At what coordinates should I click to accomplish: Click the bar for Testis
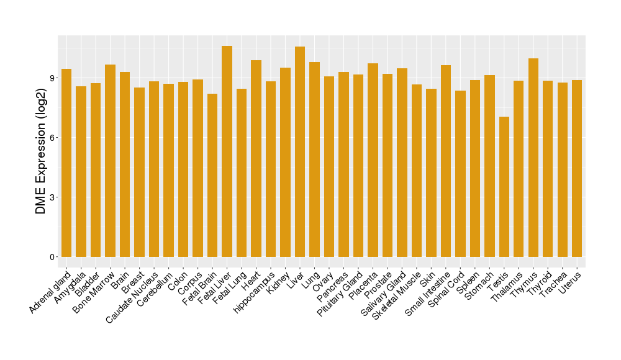[x=504, y=186]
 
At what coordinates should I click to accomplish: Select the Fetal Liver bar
[x=227, y=151]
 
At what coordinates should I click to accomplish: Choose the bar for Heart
[x=256, y=158]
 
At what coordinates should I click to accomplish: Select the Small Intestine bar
[x=446, y=161]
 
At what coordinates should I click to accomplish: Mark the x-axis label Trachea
[x=555, y=284]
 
